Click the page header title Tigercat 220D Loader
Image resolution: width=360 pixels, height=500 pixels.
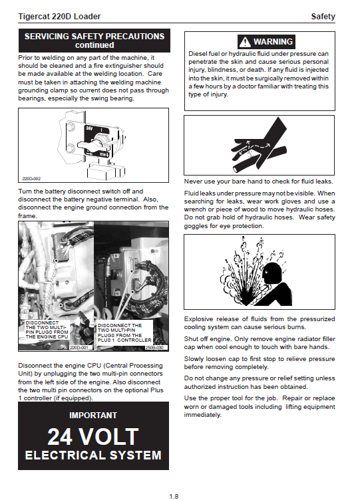click(x=59, y=17)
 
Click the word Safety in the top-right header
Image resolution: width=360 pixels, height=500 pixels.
click(x=323, y=17)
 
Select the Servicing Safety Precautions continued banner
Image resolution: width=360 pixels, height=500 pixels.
click(x=94, y=41)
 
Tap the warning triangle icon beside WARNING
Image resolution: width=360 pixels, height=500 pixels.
click(x=245, y=42)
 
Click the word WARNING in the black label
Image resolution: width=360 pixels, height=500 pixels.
click(x=273, y=42)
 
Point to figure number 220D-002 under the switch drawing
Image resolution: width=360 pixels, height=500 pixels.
click(x=31, y=179)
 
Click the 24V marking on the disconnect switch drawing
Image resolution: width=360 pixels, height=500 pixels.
click(x=89, y=128)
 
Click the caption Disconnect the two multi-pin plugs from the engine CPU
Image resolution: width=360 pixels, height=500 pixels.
click(x=47, y=330)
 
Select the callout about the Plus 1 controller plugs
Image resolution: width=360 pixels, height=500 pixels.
click(x=124, y=332)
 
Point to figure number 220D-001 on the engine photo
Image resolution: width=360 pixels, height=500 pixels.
click(x=79, y=347)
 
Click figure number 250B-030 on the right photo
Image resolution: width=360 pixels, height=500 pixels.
click(x=154, y=347)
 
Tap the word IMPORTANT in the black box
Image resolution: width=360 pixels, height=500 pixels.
click(x=93, y=416)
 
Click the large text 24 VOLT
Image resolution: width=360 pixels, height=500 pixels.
click(x=93, y=437)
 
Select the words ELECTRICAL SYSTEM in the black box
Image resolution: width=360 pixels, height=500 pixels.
click(x=93, y=455)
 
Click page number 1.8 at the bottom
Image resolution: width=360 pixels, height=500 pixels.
click(x=174, y=496)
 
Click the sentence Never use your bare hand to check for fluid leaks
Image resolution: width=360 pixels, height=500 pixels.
click(x=258, y=182)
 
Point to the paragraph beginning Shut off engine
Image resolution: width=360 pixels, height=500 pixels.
click(x=260, y=343)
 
